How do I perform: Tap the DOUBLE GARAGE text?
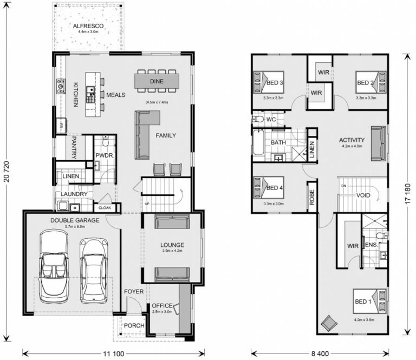pos(75,220)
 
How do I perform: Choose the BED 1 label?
pos(363,301)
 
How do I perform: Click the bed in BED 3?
pos(264,83)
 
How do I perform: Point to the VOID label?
pos(363,195)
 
